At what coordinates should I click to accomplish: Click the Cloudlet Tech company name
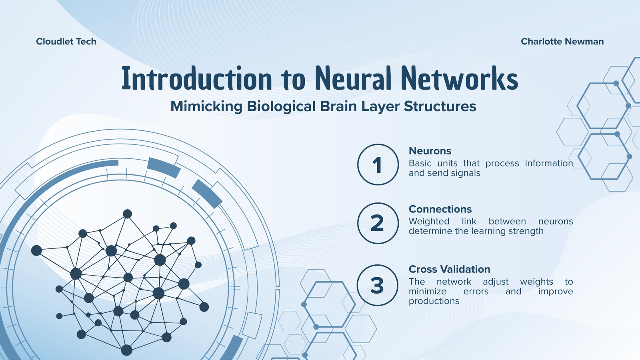click(x=66, y=42)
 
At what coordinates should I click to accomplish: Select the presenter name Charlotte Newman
click(x=562, y=42)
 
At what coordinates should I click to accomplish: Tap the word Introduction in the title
click(x=197, y=78)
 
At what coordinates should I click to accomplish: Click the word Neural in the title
click(x=353, y=78)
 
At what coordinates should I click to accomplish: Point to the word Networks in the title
click(x=460, y=78)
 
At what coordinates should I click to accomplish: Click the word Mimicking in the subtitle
click(x=206, y=106)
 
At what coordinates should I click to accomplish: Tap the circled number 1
click(x=378, y=164)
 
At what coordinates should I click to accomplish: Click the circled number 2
click(x=378, y=223)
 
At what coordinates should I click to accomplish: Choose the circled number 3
click(x=378, y=285)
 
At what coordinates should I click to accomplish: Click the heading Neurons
click(x=430, y=150)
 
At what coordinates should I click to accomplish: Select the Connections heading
click(x=440, y=209)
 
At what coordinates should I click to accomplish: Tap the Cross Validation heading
click(x=450, y=269)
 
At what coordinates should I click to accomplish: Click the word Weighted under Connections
click(x=429, y=222)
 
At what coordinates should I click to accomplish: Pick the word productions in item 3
click(x=434, y=301)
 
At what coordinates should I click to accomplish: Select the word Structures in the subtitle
click(x=440, y=106)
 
